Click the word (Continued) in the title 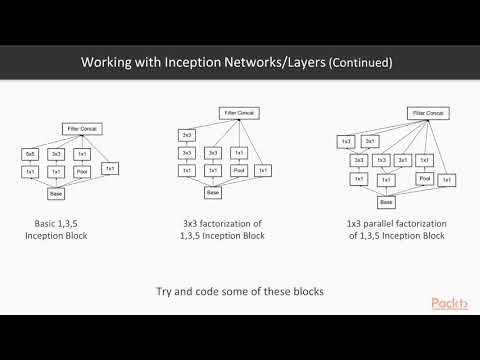pyautogui.click(x=355, y=63)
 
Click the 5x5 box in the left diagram pyautogui.click(x=30, y=153)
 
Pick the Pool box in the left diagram pyautogui.click(x=83, y=173)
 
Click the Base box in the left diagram pyautogui.click(x=56, y=194)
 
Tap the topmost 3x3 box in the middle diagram pyautogui.click(x=187, y=134)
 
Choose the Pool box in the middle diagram pyautogui.click(x=238, y=171)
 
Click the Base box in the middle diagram pyautogui.click(x=211, y=193)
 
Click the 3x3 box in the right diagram pyautogui.click(x=357, y=160)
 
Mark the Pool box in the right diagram pyautogui.click(x=425, y=178)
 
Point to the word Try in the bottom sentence pyautogui.click(x=167, y=291)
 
